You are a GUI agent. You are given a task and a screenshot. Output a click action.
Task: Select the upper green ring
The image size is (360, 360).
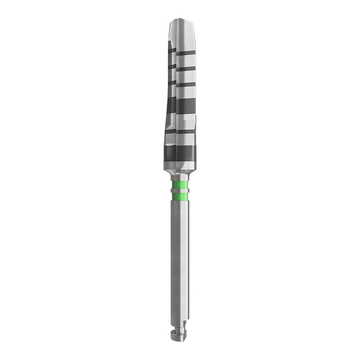(x=179, y=185)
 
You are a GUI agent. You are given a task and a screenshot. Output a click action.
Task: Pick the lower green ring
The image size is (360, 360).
(x=179, y=197)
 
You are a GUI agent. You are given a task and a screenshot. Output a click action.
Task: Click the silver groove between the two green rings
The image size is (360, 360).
(x=179, y=190)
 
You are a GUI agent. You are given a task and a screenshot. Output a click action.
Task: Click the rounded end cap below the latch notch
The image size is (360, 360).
(x=180, y=336)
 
